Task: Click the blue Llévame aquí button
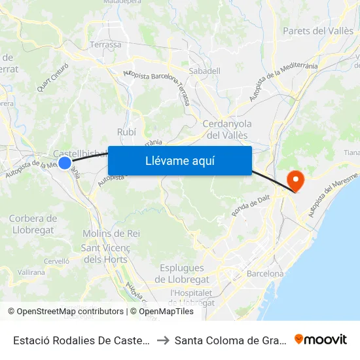pos(179,160)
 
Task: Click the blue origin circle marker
pos(65,162)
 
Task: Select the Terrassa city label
pos(105,45)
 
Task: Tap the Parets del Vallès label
pos(317,31)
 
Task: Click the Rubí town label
pos(126,132)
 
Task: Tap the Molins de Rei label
pos(111,234)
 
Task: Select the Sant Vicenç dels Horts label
pos(105,253)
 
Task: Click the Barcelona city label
pos(265,274)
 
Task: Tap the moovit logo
pos(321,340)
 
